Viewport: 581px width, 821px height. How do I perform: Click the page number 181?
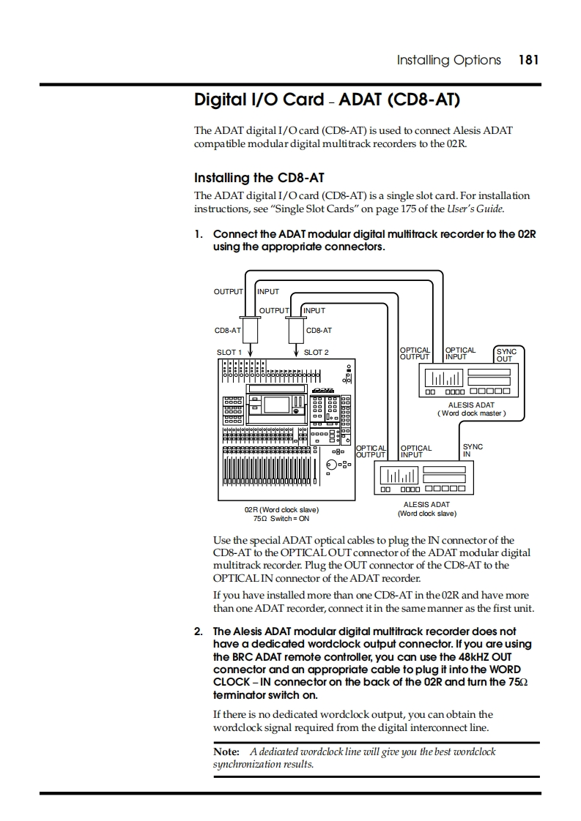[x=528, y=60]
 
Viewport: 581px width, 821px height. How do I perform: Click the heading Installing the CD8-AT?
[x=259, y=178]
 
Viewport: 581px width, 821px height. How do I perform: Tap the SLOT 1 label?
[x=229, y=353]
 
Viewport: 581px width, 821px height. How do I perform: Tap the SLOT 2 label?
[x=317, y=353]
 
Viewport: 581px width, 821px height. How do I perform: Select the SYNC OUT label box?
[x=506, y=355]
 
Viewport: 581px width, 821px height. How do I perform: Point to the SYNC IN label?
[x=473, y=450]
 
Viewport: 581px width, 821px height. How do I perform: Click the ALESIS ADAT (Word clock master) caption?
[x=471, y=409]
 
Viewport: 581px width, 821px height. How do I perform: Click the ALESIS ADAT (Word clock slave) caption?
[x=426, y=509]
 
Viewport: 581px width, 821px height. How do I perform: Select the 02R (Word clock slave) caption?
[x=281, y=509]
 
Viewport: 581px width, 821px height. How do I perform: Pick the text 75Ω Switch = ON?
[x=281, y=519]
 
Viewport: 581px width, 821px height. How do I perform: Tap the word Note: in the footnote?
[x=226, y=751]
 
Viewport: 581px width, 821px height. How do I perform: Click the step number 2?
[x=198, y=631]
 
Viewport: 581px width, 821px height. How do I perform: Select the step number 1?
[x=198, y=234]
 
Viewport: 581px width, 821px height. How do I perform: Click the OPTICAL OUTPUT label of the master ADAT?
[x=415, y=353]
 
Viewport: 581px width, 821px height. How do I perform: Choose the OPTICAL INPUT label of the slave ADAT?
[x=416, y=451]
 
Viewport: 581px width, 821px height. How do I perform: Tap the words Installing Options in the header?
[x=448, y=60]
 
